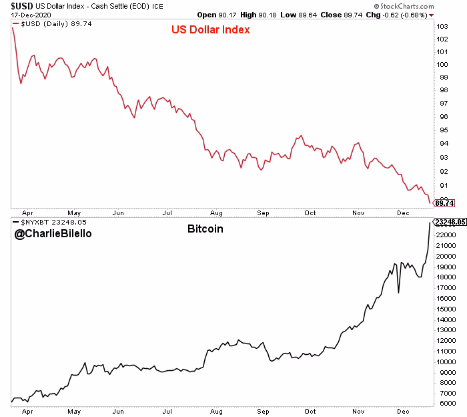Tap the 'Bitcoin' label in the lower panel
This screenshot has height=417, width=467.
pyautogui.click(x=205, y=229)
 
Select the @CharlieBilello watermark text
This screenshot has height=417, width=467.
pyautogui.click(x=53, y=234)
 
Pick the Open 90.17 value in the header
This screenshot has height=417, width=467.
pyautogui.click(x=212, y=15)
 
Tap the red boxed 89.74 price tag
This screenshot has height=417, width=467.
pyautogui.click(x=444, y=202)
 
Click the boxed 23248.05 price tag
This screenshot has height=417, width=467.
pyautogui.click(x=448, y=221)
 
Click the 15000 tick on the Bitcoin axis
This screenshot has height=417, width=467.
pyautogui.click(x=445, y=309)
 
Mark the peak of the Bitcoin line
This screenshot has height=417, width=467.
pyautogui.click(x=430, y=223)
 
